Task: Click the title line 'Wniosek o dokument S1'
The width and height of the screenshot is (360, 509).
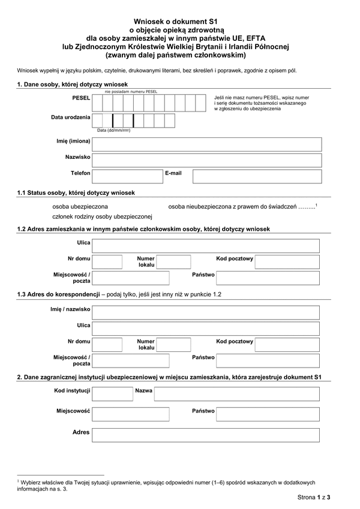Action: click(179, 20)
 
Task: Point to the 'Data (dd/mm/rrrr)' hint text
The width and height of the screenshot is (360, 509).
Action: click(113, 130)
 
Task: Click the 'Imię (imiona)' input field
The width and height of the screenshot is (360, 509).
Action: click(206, 144)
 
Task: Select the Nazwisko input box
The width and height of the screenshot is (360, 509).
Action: click(206, 160)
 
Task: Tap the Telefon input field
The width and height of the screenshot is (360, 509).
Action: click(127, 176)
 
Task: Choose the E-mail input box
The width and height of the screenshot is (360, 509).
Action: click(256, 176)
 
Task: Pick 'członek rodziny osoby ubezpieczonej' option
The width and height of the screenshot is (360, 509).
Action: click(103, 216)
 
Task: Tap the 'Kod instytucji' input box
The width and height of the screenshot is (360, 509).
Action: click(113, 393)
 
